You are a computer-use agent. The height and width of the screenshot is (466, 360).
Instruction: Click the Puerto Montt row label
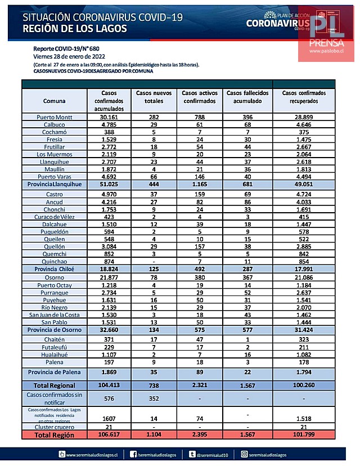54,117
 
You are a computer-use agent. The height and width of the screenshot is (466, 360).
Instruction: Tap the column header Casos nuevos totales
154,96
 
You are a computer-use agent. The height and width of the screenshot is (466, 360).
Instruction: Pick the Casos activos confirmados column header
199,96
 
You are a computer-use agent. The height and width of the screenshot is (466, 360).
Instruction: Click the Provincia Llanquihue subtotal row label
55,185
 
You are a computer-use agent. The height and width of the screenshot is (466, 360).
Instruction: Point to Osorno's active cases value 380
199,278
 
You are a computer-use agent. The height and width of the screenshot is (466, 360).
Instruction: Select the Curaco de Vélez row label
55,216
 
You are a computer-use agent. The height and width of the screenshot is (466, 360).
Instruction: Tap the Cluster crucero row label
55,427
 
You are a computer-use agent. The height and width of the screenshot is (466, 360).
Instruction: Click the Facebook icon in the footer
132,454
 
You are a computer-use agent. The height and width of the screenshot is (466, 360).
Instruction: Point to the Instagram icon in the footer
244,454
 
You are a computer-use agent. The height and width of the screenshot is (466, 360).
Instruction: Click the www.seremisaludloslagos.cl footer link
89,454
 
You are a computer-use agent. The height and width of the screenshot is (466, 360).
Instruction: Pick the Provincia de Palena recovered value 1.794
304,373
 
